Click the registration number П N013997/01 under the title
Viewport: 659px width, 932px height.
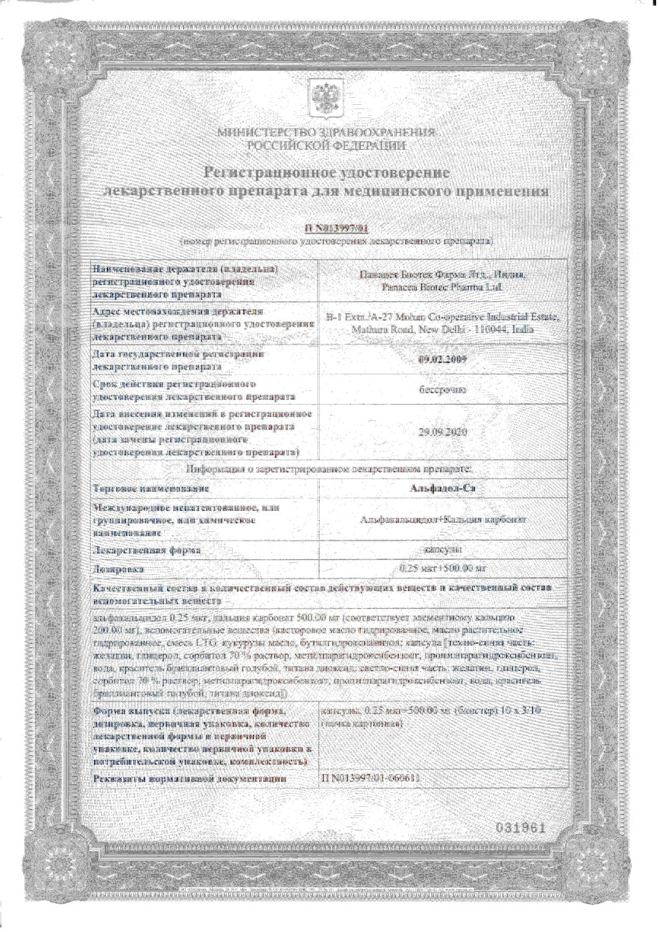pyautogui.click(x=336, y=228)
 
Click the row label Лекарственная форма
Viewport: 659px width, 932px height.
pyautogui.click(x=143, y=550)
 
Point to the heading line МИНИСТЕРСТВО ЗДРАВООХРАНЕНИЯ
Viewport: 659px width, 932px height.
pyautogui.click(x=327, y=134)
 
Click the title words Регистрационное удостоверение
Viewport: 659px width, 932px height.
pyautogui.click(x=327, y=171)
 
